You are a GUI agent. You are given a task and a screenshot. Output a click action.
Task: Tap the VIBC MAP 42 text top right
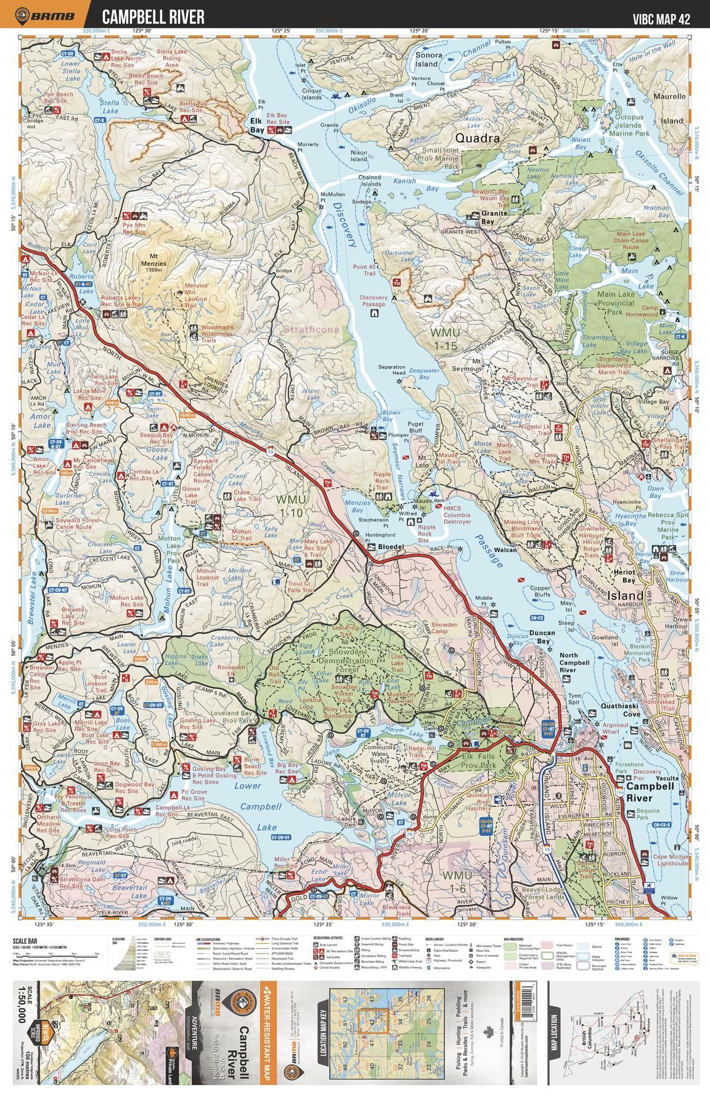[x=661, y=18]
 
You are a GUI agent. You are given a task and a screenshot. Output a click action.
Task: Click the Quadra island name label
[x=478, y=138]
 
